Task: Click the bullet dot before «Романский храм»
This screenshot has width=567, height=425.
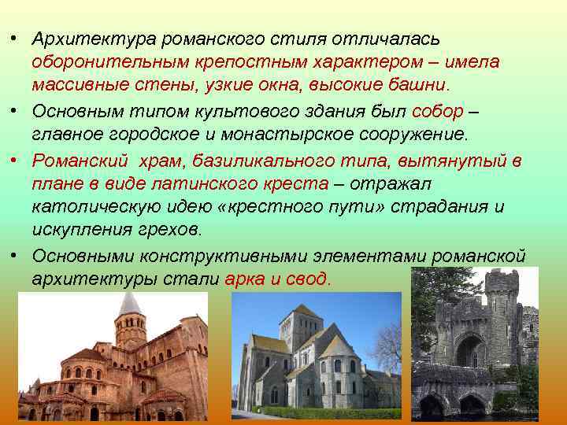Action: pyautogui.click(x=14, y=161)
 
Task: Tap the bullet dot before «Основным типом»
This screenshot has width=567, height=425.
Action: pyautogui.click(x=14, y=111)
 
